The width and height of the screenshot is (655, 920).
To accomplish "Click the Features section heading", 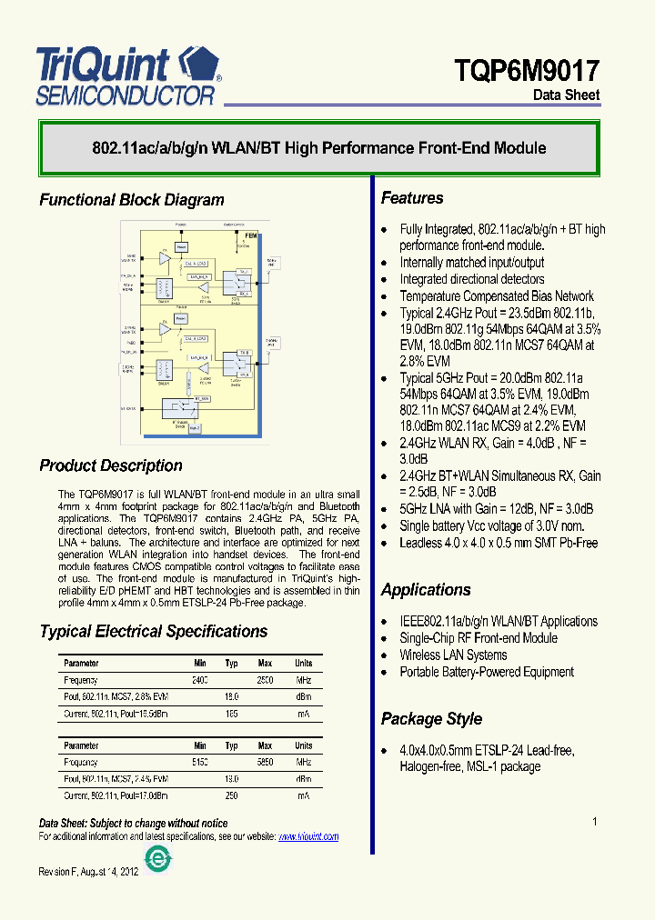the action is tap(412, 198).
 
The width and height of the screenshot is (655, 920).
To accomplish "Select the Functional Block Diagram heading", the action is tap(131, 200).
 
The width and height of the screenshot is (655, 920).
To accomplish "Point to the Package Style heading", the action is tap(431, 719).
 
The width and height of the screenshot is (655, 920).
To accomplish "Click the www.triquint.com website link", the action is tap(308, 836).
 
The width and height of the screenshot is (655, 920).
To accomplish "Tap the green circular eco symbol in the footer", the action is tap(159, 859).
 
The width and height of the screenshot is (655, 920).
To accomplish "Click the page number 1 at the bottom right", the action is tap(595, 822).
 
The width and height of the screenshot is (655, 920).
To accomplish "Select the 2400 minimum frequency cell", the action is tap(200, 680).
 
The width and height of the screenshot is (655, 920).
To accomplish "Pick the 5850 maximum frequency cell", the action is tap(265, 762).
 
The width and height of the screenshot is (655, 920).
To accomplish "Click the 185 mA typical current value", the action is tap(232, 714).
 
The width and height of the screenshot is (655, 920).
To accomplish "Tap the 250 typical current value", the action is tap(232, 795).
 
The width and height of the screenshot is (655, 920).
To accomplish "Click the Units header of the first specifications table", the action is tap(303, 664).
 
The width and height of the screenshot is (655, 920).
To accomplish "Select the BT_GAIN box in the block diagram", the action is tap(202, 398).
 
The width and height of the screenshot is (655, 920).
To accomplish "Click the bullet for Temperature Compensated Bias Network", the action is tap(384, 296).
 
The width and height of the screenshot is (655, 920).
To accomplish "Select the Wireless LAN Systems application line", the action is tap(453, 655).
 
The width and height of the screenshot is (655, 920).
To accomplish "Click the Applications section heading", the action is tap(426, 590).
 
